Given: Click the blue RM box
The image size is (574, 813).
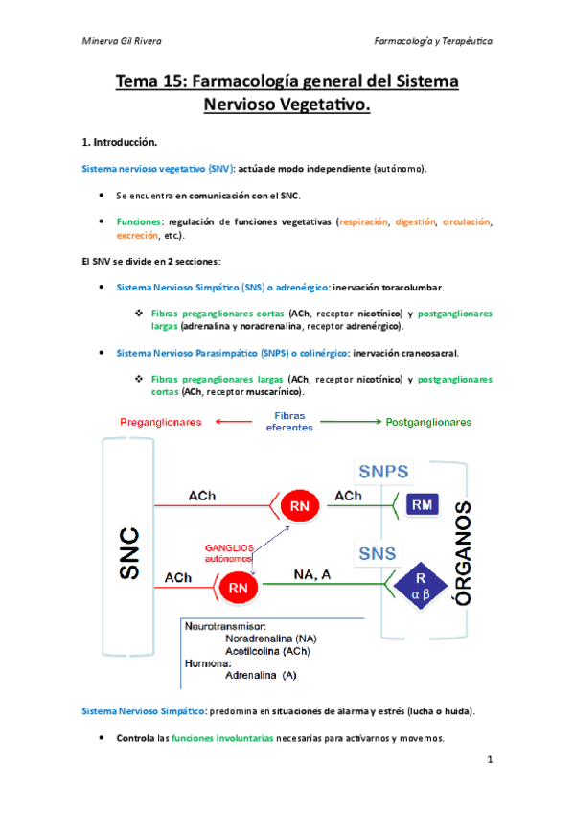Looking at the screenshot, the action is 422,504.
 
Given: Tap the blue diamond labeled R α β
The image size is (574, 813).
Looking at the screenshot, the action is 420,586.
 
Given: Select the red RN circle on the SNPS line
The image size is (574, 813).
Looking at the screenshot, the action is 299,505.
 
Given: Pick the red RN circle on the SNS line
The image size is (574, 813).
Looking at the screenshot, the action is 238,588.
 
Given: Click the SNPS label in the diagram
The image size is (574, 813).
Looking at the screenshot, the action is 383,472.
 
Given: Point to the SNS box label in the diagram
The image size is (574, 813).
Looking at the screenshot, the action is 378,553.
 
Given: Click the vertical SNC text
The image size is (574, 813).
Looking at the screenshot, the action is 129,553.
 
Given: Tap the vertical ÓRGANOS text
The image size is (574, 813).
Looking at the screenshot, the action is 463,553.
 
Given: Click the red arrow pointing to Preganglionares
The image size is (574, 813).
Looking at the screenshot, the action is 234,422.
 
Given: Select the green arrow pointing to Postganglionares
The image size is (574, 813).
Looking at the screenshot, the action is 351,422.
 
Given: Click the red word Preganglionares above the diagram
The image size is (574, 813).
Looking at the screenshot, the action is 161,422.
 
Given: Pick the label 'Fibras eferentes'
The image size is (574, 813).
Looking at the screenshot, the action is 289,422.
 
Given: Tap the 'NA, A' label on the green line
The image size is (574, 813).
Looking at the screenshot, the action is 311,574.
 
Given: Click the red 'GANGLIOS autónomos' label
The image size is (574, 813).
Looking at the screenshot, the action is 229,553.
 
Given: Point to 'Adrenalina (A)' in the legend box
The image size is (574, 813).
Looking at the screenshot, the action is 261,675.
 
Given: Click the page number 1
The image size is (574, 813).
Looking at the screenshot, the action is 490,759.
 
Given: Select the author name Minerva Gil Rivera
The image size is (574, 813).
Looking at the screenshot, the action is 122,41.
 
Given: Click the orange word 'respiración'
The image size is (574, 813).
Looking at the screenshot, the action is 364,221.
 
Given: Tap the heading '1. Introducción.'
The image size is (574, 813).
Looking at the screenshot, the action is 120,142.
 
